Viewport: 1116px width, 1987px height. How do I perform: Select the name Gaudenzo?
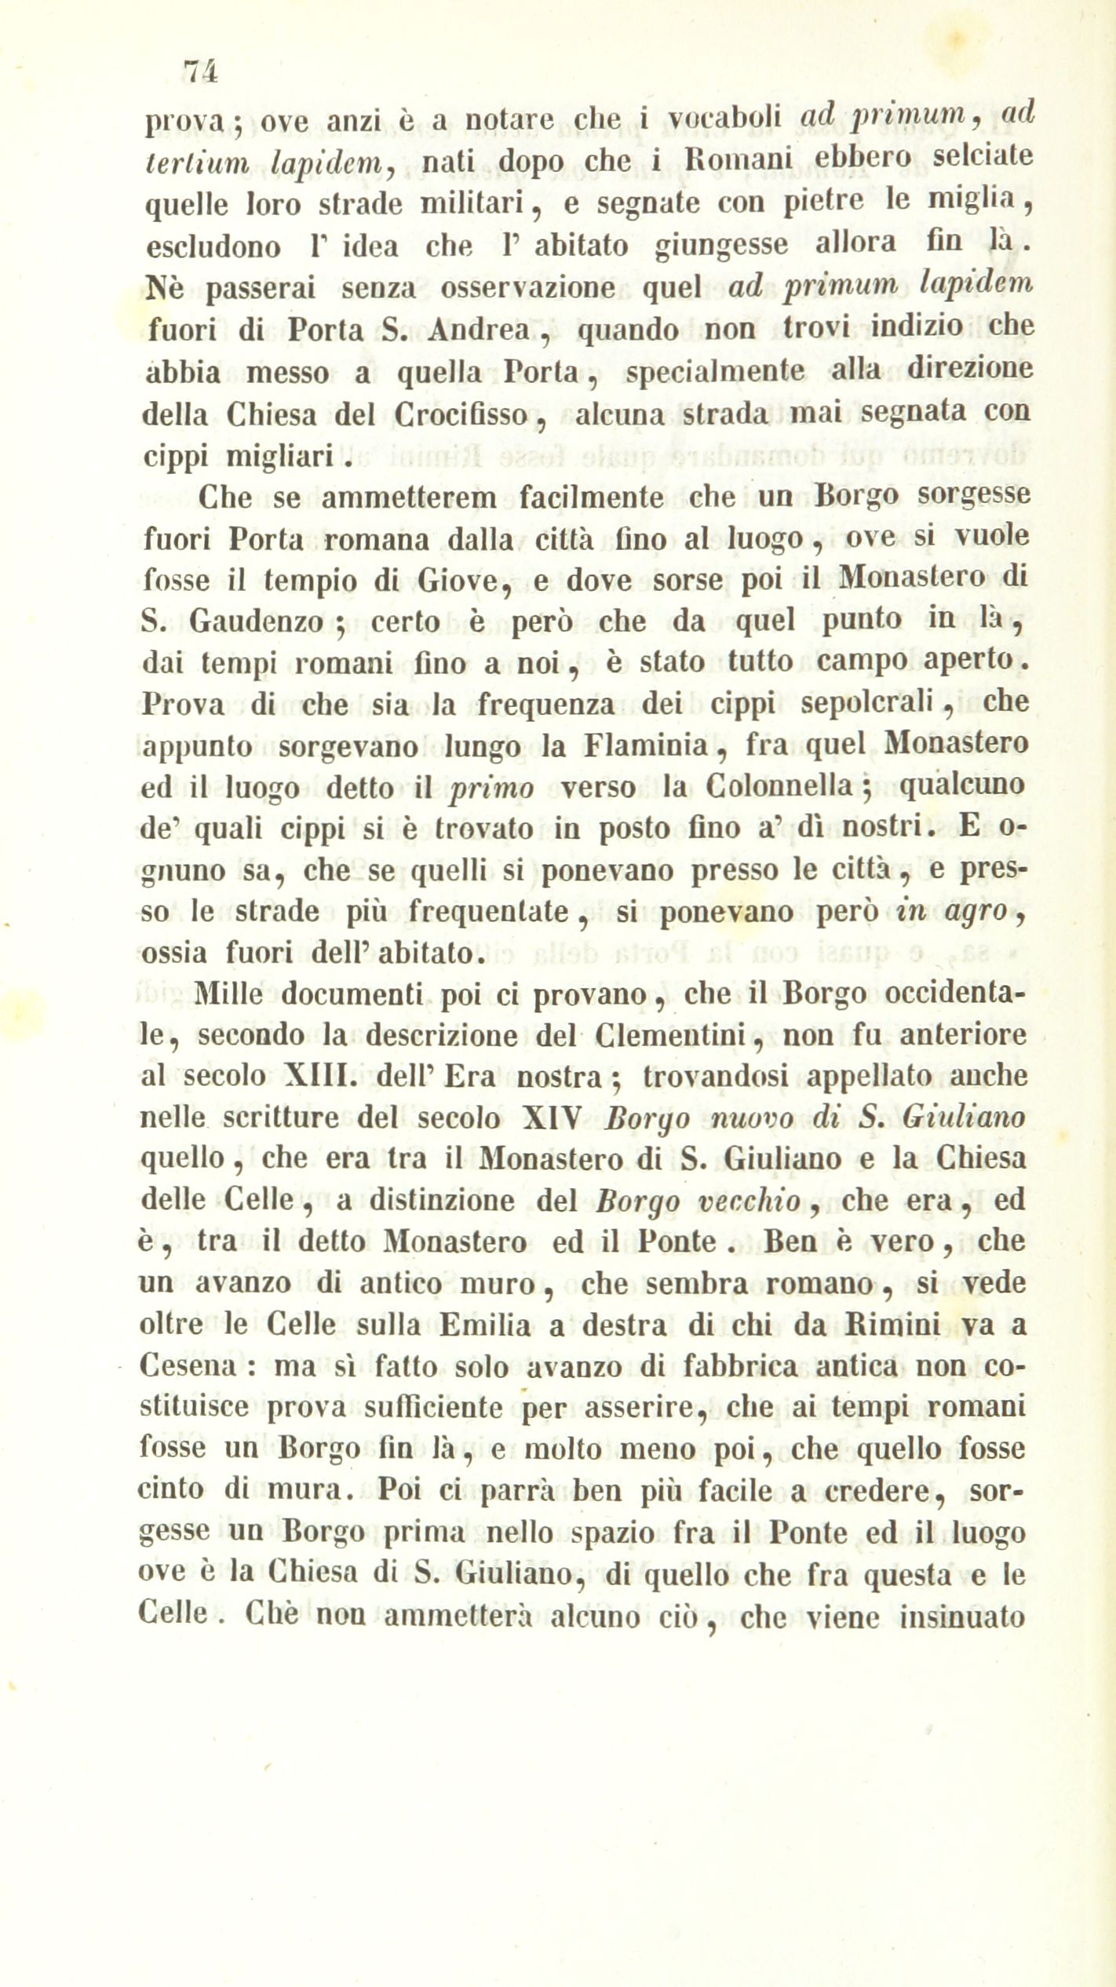(x=257, y=622)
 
